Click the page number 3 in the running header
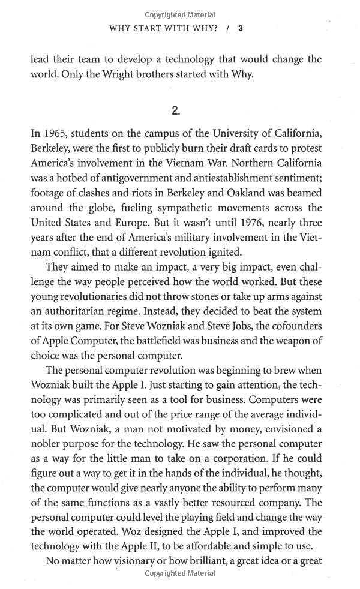pos(240,28)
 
